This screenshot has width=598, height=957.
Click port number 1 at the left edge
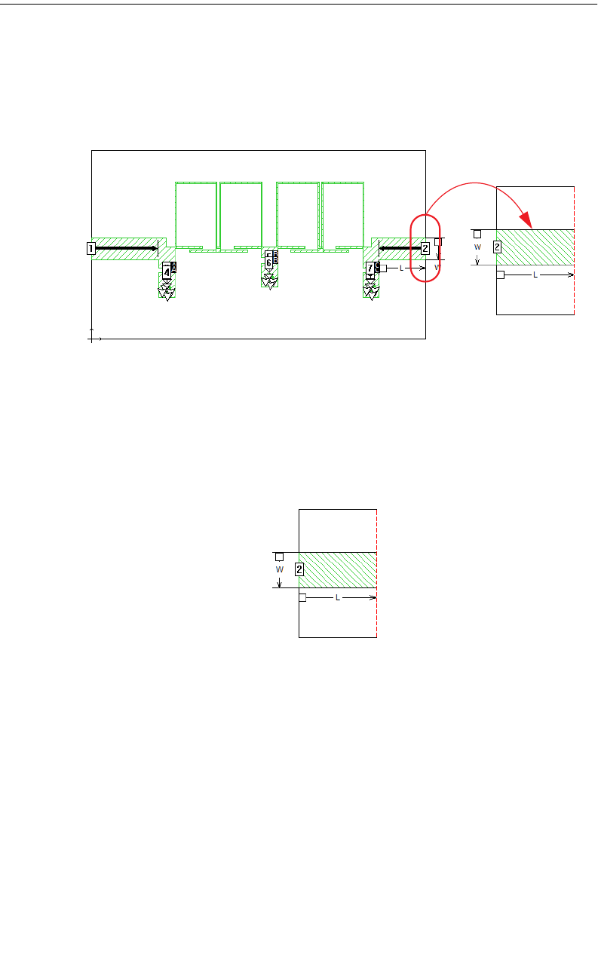[x=90, y=248]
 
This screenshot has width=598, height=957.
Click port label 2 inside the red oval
[x=425, y=247]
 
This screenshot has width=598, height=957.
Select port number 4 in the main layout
[x=167, y=272]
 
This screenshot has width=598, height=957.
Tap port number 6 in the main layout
[x=268, y=262]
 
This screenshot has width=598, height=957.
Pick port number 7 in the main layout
[x=370, y=268]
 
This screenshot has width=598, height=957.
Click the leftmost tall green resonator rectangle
[x=196, y=214]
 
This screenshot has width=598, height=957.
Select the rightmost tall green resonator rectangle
[x=342, y=214]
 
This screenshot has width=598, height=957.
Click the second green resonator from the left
[x=241, y=214]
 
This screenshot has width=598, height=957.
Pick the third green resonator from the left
[x=298, y=214]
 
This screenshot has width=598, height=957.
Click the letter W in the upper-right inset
[x=477, y=246]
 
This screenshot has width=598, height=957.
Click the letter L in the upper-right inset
[x=535, y=275]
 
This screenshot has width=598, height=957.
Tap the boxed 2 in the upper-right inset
[x=497, y=247]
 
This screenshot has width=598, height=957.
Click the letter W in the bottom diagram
[x=279, y=569]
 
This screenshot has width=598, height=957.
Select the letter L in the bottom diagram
[x=337, y=597]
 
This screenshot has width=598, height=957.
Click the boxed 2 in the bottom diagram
[x=299, y=569]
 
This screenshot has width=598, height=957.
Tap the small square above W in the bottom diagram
[x=279, y=557]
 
